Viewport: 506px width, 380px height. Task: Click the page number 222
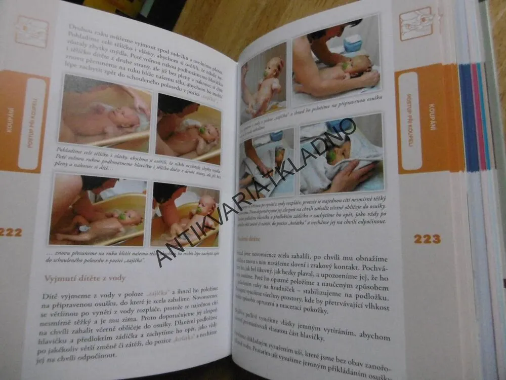(x=11, y=233)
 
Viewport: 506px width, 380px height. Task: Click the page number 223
(x=427, y=239)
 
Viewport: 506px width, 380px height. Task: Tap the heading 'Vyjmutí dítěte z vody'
(x=85, y=278)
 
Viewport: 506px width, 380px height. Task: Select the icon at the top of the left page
(x=31, y=31)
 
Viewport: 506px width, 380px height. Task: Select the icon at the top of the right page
(x=416, y=23)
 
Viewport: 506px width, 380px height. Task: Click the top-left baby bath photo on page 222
(x=105, y=114)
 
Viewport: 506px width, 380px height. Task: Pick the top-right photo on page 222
(x=188, y=130)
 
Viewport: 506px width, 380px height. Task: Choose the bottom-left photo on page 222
(x=98, y=209)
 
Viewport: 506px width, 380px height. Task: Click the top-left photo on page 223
(x=263, y=83)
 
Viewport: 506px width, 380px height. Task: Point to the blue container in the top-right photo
(x=353, y=44)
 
